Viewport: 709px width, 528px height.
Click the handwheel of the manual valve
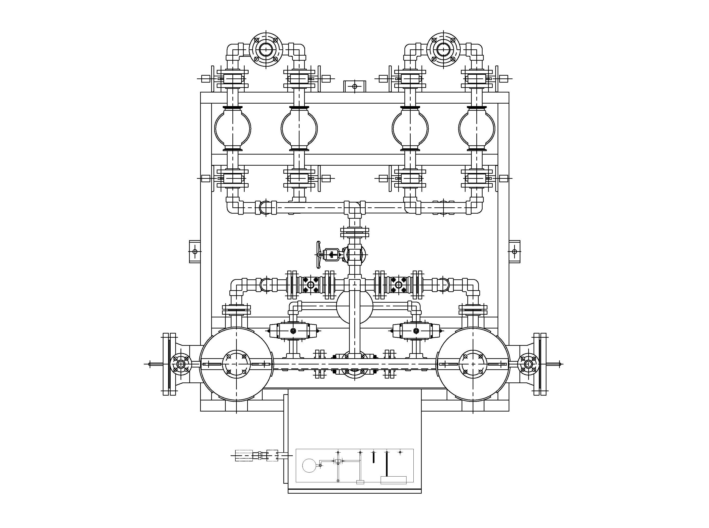318,255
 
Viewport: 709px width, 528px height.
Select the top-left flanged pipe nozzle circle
266,50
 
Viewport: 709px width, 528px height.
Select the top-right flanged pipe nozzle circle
443,50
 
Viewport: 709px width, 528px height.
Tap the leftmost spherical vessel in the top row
233,128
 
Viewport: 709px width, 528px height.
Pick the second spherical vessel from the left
299,128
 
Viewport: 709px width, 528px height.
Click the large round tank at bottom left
236,364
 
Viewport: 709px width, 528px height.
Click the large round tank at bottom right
473,364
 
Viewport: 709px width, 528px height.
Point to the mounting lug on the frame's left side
195,251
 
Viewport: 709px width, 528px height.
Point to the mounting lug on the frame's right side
514,251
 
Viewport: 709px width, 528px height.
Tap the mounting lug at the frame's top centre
354,86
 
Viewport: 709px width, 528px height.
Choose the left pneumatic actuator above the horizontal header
293,331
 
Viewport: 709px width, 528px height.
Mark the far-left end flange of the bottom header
169,364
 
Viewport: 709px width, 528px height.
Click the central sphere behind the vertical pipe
355,306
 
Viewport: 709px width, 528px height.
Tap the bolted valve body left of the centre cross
310,285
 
